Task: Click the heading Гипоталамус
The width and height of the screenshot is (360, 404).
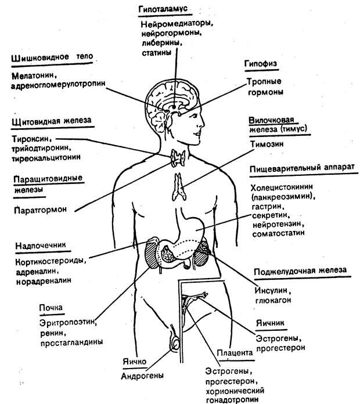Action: tap(165, 10)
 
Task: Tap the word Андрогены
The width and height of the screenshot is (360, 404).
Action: tap(142, 375)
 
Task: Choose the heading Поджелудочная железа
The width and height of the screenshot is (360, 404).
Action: tap(300, 270)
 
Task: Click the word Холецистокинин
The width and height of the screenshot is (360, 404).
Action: tap(283, 188)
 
